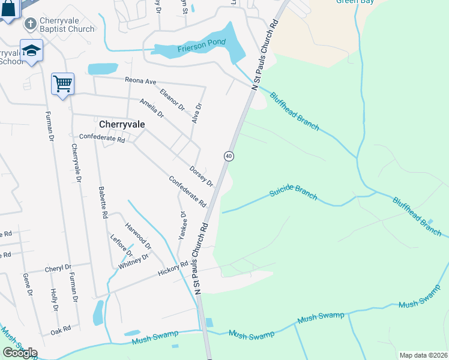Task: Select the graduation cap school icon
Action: (x=31, y=51)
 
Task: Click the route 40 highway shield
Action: (x=229, y=156)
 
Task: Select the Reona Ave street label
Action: (x=140, y=80)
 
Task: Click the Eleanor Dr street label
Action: (x=173, y=99)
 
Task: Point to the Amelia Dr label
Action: (x=151, y=108)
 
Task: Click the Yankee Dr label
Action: (x=183, y=225)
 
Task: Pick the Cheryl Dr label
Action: (x=58, y=268)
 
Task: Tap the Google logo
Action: (x=20, y=352)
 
